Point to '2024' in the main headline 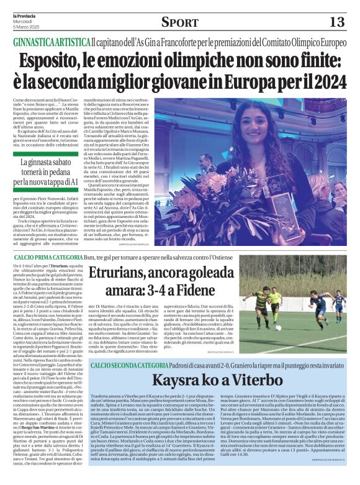(x=325, y=82)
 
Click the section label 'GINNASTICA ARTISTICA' (x=52, y=41)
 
